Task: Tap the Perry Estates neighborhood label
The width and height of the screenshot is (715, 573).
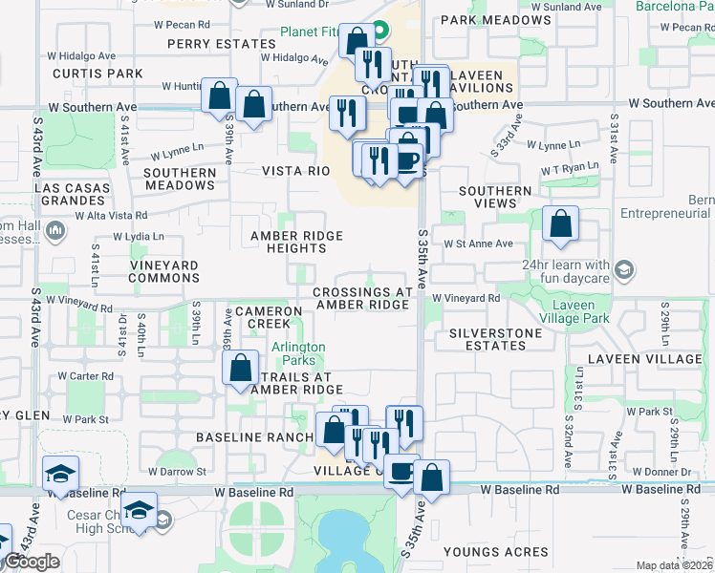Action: tap(221, 44)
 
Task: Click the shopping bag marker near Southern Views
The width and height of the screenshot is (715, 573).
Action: tap(560, 224)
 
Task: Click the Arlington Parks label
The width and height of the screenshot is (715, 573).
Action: tap(298, 353)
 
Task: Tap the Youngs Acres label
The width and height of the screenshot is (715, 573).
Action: tap(496, 552)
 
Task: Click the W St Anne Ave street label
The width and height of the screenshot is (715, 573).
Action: tap(478, 244)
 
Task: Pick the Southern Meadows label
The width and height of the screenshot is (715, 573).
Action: tap(180, 179)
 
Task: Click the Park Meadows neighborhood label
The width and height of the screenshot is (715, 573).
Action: tap(484, 19)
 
